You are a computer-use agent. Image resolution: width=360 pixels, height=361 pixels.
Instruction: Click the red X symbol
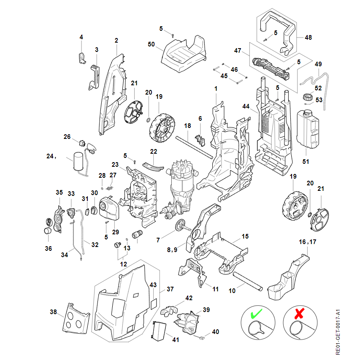300,314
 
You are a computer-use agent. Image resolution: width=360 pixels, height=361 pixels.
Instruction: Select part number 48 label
308,38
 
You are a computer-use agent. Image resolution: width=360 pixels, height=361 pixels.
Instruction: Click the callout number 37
170,289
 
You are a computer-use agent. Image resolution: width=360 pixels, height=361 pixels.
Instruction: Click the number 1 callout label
216,89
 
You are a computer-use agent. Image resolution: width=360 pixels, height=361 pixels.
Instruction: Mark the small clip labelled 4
82,57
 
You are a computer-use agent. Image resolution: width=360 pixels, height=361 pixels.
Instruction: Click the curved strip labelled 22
152,165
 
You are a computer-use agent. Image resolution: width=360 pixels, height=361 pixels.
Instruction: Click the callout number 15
245,236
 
